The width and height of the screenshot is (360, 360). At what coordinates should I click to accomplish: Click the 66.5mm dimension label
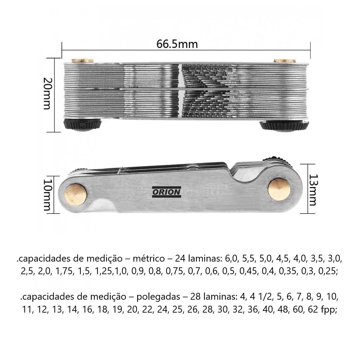point(177,44)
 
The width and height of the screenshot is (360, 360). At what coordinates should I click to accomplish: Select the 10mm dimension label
point(47,195)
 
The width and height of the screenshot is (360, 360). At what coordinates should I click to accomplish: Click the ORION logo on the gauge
point(166,192)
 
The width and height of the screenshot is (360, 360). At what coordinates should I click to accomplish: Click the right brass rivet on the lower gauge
point(279,189)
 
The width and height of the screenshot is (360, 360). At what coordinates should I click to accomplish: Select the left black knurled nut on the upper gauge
point(82,125)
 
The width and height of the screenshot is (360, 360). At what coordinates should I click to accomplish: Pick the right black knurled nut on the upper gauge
point(284,126)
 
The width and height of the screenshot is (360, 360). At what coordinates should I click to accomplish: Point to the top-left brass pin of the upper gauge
point(82,61)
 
